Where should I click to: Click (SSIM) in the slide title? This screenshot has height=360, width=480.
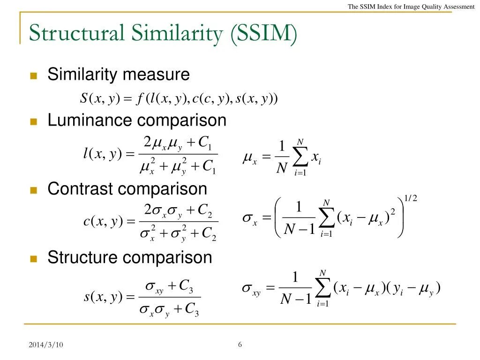tap(264, 34)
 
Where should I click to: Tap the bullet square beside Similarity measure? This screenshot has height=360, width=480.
tap(33, 76)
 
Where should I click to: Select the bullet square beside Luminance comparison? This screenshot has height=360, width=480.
tap(33, 122)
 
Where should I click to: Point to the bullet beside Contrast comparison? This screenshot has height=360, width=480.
tap(33, 190)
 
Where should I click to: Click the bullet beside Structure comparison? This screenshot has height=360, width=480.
tap(33, 259)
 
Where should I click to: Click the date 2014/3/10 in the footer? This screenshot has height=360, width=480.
tap(46, 345)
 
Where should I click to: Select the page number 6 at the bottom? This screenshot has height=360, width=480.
tap(240, 345)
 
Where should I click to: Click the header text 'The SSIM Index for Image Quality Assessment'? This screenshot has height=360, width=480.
tap(411, 7)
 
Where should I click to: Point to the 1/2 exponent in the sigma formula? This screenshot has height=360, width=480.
tap(410, 199)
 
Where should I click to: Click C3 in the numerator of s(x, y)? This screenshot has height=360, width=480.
tap(186, 285)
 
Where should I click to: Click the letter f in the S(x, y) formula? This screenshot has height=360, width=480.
tap(140, 99)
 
